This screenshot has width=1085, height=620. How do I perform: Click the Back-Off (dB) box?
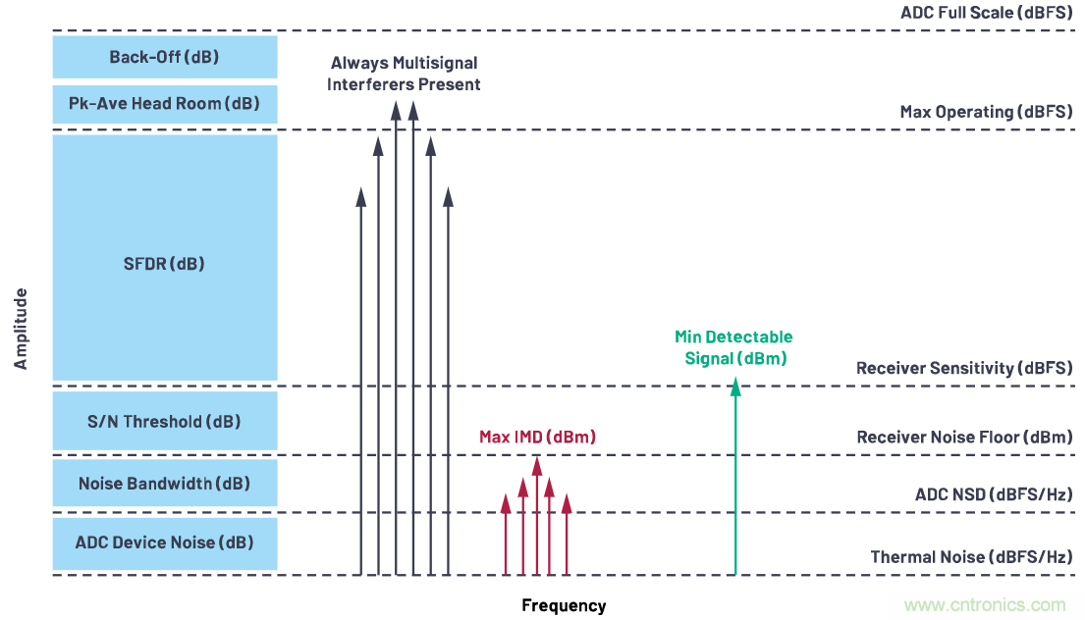[164, 57]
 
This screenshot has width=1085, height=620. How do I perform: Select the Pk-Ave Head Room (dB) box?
[164, 104]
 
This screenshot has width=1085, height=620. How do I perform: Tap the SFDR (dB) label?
[164, 264]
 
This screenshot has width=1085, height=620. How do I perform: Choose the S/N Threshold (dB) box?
[164, 422]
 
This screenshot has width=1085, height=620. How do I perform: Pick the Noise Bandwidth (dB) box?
[164, 484]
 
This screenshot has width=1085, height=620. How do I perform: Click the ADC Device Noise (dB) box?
[164, 542]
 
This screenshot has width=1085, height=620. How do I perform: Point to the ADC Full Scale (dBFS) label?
[986, 14]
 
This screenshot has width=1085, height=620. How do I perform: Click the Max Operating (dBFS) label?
[986, 112]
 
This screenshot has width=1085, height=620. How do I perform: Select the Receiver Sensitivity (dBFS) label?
[964, 369]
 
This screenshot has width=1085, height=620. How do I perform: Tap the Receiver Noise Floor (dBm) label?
[964, 438]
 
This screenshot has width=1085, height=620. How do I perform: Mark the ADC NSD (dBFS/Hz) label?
[993, 494]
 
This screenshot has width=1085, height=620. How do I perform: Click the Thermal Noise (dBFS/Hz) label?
[971, 557]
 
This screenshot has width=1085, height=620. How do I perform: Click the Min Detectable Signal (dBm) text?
[733, 348]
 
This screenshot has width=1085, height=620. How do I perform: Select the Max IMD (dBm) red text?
[537, 438]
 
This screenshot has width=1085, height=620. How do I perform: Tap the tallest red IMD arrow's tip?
[536, 463]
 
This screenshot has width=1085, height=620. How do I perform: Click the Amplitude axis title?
[21, 329]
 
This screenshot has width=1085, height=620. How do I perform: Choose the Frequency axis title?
[564, 605]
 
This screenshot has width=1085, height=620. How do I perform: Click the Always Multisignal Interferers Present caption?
[406, 74]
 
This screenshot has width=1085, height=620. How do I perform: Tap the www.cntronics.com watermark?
[985, 605]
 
